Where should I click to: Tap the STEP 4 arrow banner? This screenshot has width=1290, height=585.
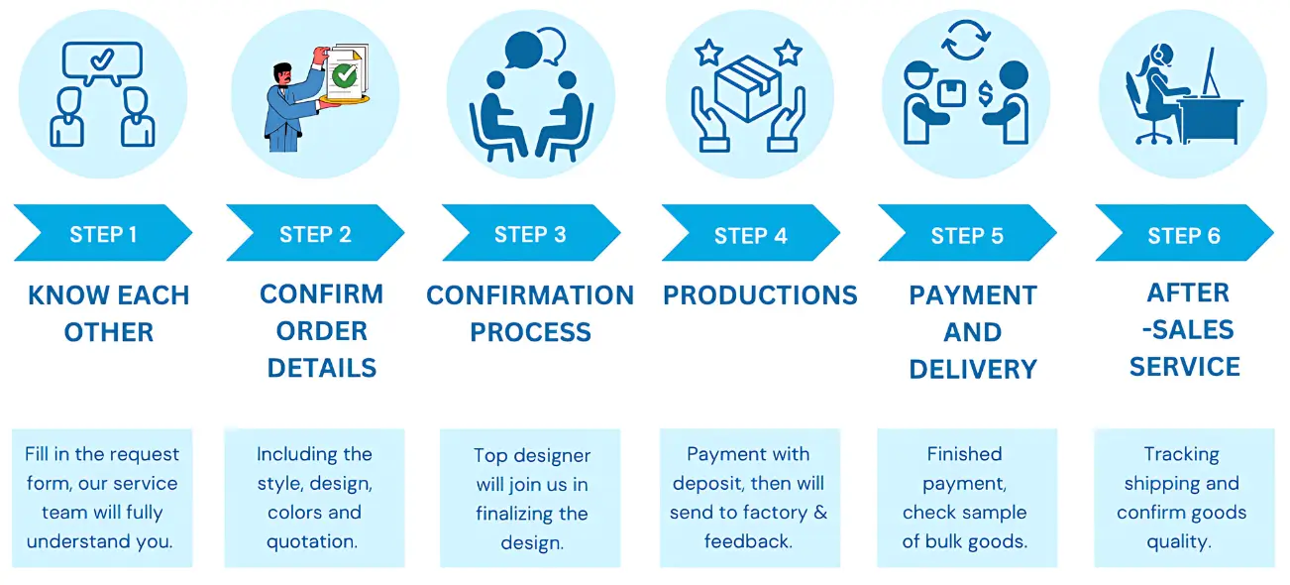[x=751, y=233]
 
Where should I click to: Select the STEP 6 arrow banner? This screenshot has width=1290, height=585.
[x=1185, y=233]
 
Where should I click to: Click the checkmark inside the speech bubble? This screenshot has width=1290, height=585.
[x=102, y=58]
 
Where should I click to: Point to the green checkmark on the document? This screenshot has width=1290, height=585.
[x=345, y=75]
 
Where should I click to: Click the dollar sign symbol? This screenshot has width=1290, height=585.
[x=986, y=94]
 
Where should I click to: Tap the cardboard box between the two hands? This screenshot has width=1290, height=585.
[x=747, y=89]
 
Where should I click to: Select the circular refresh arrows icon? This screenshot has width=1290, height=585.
[x=966, y=40]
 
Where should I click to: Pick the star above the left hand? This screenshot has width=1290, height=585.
[x=709, y=53]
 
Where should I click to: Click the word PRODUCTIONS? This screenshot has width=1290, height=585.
[x=760, y=295]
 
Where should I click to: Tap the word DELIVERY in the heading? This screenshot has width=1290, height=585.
[x=973, y=370]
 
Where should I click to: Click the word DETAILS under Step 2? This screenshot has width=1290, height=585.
[x=321, y=368]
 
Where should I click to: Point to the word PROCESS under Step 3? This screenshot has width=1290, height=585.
[x=530, y=332]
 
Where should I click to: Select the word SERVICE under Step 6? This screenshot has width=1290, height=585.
[x=1185, y=367]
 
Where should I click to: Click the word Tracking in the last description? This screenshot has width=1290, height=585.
[x=1182, y=455]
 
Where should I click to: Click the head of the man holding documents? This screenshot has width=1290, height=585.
[x=282, y=73]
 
